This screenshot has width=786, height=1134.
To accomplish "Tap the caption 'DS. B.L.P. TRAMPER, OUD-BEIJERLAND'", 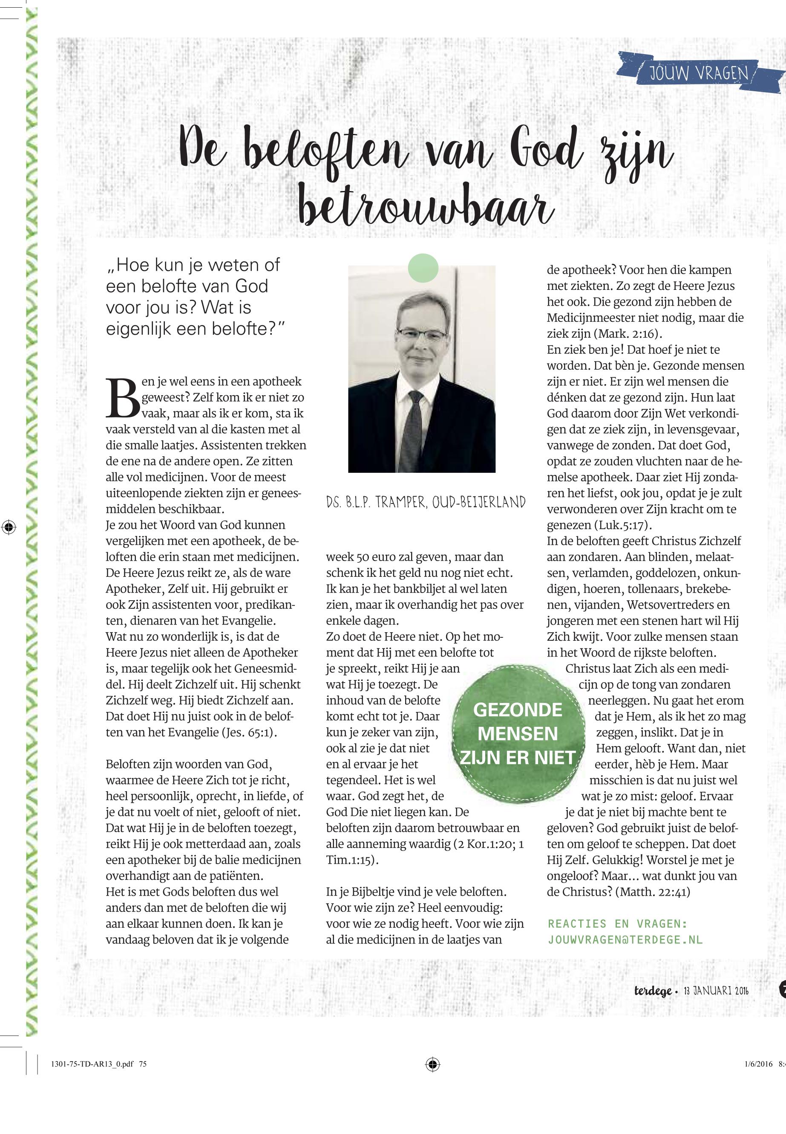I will point(426,502).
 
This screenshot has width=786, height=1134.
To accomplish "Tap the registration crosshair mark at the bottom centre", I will point(432,1078).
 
